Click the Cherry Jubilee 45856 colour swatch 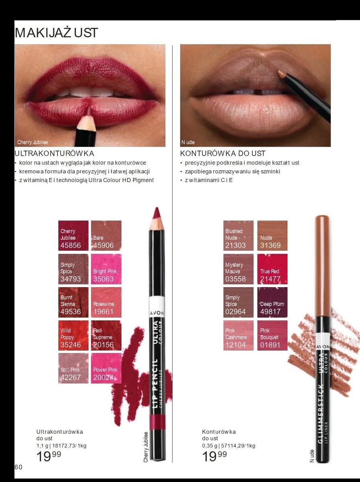(73, 235)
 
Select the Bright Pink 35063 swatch (106, 269)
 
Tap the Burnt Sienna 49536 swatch (73, 302)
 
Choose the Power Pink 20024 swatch (106, 368)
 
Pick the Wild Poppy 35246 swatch (73, 335)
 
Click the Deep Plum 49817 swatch (272, 302)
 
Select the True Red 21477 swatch (272, 269)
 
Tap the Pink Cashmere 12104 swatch (238, 335)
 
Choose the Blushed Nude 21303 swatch (238, 235)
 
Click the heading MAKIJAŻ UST (56, 33)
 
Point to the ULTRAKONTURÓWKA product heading (54, 153)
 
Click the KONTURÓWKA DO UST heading (223, 153)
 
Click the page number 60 (18, 467)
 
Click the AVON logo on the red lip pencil (157, 313)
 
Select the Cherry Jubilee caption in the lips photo (33, 142)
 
